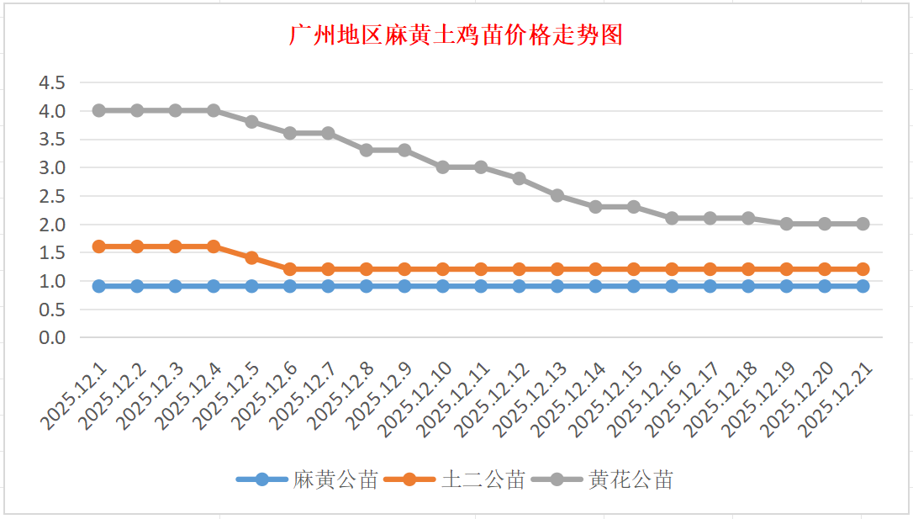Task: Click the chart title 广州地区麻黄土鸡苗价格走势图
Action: click(x=456, y=35)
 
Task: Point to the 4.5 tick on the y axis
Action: click(x=52, y=82)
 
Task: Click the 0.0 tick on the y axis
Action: click(x=52, y=337)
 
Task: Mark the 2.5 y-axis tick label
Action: click(x=52, y=196)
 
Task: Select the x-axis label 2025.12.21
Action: click(x=837, y=400)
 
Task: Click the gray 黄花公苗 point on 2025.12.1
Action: click(x=99, y=110)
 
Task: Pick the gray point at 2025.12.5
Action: click(x=251, y=122)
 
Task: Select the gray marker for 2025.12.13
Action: click(x=557, y=195)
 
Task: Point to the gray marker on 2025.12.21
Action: click(x=863, y=224)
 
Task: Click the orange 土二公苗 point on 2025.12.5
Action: click(x=251, y=257)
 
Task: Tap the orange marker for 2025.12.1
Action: click(x=99, y=246)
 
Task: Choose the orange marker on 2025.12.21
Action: click(x=863, y=269)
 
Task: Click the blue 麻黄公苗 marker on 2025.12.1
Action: click(x=99, y=286)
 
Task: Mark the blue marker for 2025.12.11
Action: click(x=481, y=286)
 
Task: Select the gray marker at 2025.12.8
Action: click(x=367, y=150)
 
